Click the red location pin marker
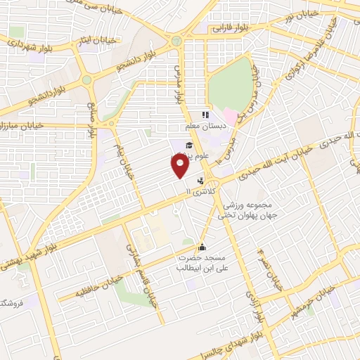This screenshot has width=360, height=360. (x=180, y=165)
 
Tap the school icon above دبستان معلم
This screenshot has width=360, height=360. (x=206, y=115)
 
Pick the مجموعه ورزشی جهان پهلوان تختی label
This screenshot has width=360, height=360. (x=243, y=210)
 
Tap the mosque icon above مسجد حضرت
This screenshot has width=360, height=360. (x=202, y=247)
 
